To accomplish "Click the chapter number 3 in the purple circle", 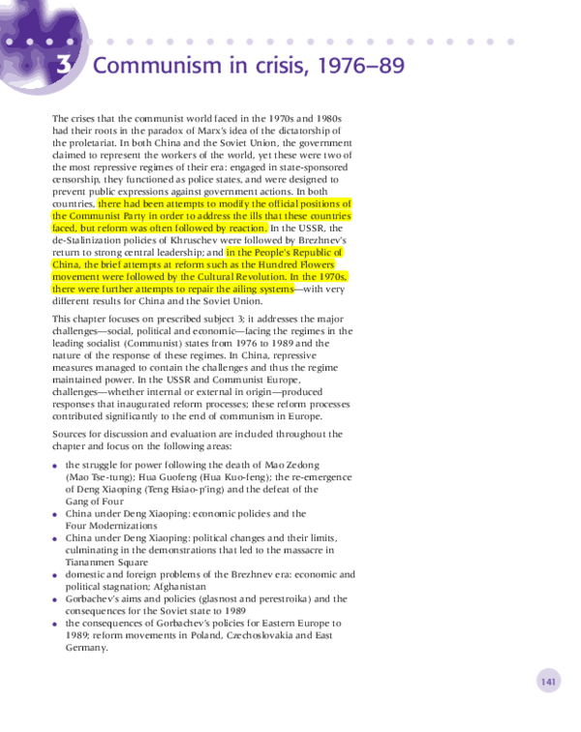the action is [64, 65].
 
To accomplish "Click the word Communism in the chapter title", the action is [157, 65].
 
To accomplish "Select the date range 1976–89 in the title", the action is [361, 65].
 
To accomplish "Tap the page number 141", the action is [548, 682].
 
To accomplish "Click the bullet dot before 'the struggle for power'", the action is [55, 466].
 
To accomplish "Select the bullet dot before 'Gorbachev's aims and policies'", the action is [55, 600].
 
